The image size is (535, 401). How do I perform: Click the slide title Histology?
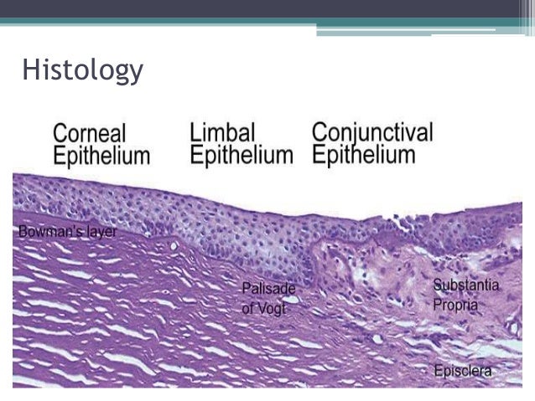(82, 69)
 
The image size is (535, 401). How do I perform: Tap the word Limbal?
(222, 132)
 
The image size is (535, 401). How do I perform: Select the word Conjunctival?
(372, 132)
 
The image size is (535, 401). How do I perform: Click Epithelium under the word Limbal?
(242, 155)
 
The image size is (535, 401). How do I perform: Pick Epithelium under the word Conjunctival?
(364, 155)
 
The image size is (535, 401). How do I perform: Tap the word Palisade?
(268, 288)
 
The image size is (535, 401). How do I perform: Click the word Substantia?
(465, 286)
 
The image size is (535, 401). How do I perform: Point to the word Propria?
(455, 304)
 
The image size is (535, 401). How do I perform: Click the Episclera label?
(461, 369)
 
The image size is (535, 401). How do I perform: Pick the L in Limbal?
(195, 132)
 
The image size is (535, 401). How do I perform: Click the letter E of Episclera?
(436, 369)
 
